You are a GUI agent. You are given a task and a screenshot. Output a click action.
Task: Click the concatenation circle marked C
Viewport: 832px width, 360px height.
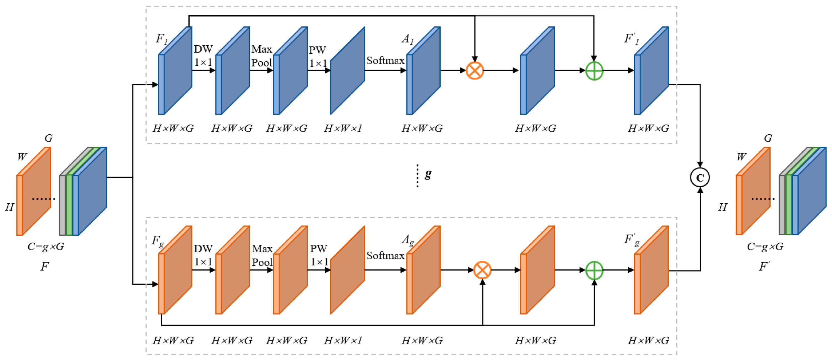700,177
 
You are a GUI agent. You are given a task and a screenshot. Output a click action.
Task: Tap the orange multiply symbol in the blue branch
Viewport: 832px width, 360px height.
475,70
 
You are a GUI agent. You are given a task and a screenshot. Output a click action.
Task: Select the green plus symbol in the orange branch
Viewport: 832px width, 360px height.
594,270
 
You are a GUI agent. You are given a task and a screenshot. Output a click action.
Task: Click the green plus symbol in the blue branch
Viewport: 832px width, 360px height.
594,70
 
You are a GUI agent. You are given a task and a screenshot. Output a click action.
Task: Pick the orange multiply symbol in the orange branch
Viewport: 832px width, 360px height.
482,270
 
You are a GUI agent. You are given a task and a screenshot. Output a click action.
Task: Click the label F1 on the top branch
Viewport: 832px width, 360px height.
162,39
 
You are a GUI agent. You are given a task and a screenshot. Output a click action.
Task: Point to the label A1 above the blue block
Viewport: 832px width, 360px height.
407,39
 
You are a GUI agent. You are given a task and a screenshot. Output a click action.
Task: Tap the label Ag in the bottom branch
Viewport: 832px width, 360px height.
408,240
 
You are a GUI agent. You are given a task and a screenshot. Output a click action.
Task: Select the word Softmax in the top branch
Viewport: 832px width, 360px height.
385,60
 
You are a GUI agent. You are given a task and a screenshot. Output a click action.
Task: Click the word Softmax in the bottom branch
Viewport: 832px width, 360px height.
385,256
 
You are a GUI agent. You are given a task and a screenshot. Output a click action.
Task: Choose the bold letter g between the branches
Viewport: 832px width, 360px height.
428,174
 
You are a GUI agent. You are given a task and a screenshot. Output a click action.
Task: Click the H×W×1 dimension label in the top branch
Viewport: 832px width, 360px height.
343,129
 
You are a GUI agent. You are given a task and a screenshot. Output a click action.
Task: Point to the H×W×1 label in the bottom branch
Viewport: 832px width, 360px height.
343,340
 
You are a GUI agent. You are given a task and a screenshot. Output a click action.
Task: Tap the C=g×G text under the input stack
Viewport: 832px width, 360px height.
46,246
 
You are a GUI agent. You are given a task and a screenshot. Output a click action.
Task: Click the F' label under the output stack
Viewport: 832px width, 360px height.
764,266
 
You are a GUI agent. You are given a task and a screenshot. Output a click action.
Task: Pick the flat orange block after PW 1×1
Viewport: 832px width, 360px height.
347,270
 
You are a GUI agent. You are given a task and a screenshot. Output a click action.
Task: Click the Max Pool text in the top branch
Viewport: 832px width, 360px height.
262,56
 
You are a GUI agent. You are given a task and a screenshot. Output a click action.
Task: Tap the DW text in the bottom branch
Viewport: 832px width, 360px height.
203,248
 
